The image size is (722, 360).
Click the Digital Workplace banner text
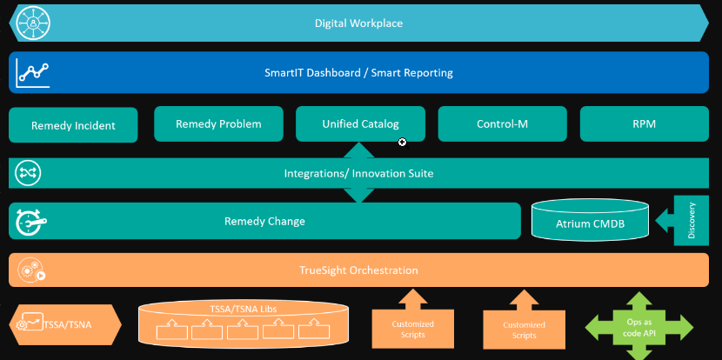click(x=358, y=23)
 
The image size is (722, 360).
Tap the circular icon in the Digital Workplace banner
click(x=34, y=23)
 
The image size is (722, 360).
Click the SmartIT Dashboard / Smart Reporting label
click(x=358, y=73)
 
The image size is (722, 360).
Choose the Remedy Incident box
click(x=73, y=125)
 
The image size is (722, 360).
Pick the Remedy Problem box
click(x=218, y=124)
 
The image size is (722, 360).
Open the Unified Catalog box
click(x=360, y=124)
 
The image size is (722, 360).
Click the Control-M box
click(x=502, y=124)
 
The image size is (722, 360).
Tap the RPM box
click(x=644, y=124)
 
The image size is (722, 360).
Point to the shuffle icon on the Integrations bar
click(x=27, y=173)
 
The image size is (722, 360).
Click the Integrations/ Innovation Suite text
click(x=358, y=174)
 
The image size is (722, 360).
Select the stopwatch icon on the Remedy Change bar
click(x=30, y=223)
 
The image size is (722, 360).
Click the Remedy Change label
click(x=264, y=221)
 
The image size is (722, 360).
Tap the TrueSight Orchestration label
click(x=358, y=270)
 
